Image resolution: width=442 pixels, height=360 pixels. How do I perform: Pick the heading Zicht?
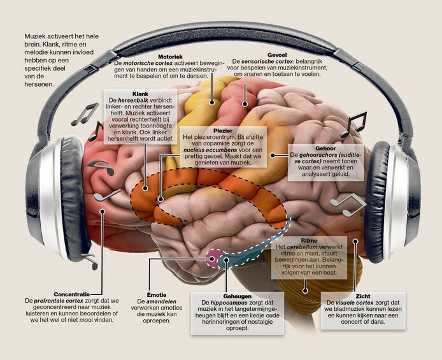364,295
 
